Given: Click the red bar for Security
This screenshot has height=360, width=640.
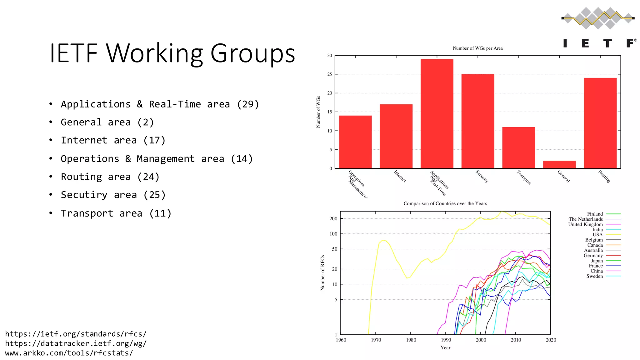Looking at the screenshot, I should pos(477,121).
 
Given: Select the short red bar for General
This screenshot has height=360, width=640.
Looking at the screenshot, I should pos(559,165).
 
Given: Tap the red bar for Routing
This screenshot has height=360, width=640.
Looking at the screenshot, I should pos(600,123).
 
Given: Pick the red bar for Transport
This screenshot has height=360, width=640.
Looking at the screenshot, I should pos(518,147).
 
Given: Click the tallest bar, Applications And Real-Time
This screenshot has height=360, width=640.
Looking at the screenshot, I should pos(437,114).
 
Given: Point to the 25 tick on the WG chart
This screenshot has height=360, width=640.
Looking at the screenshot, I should pos(330,74).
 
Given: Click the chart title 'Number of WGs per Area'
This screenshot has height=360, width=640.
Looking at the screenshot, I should pos(477,48).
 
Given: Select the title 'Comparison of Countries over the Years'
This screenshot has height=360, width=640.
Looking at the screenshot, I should pos(445,203).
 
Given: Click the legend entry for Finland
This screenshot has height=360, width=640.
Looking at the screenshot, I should pos(595,214).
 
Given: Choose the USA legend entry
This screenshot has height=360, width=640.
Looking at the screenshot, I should pos(597,235).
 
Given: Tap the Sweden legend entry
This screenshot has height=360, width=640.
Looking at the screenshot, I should pos(594,276).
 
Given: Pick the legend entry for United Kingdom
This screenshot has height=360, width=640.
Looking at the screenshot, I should pos(585,224).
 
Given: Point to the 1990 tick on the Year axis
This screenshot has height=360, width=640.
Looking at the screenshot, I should pos(446,340).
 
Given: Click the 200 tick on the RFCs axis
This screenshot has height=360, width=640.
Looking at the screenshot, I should pos(333,219).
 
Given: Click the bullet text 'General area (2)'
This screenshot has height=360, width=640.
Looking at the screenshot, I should pos(107,122).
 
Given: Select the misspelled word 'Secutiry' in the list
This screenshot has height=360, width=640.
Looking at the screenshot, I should pos(84,195).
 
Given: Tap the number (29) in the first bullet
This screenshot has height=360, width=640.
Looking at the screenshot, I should pos(248,104).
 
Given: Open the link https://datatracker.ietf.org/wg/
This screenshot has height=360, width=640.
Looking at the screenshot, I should pos(76,343).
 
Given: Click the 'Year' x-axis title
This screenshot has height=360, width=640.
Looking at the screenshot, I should pos(445,347).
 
